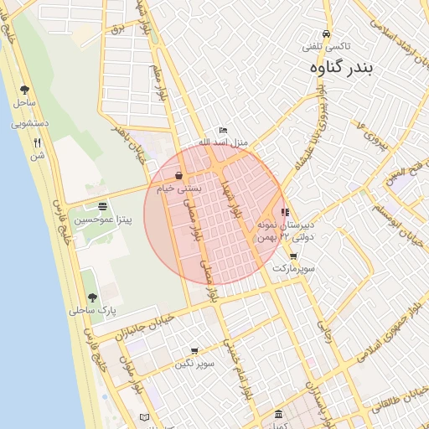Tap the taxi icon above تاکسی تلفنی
pos(326,34)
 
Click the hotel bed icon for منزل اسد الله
pos(222,131)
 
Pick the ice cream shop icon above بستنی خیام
pos(179,176)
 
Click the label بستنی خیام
pos(179,189)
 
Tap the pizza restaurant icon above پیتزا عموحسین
pos(102,206)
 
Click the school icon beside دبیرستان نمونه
pos(285,213)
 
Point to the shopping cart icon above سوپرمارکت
pos(292,256)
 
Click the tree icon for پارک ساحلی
pos(92,297)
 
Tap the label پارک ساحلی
pos(93,311)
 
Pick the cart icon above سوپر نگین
pos(194,351)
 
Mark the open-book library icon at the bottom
pos(144,417)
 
